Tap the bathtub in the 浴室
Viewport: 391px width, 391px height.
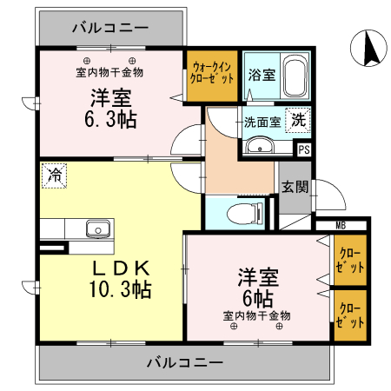pos(295,76)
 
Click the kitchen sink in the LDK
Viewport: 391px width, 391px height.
pos(97,229)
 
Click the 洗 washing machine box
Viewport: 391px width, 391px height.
pos(298,121)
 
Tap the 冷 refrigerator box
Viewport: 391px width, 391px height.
pos(54,175)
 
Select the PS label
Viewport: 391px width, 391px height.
pos(303,149)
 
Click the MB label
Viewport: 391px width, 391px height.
pos(341,227)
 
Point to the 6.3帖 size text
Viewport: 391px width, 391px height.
pos(111,119)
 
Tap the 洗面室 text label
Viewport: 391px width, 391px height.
pos(262,122)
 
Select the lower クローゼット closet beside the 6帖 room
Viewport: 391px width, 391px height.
pos(351,315)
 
